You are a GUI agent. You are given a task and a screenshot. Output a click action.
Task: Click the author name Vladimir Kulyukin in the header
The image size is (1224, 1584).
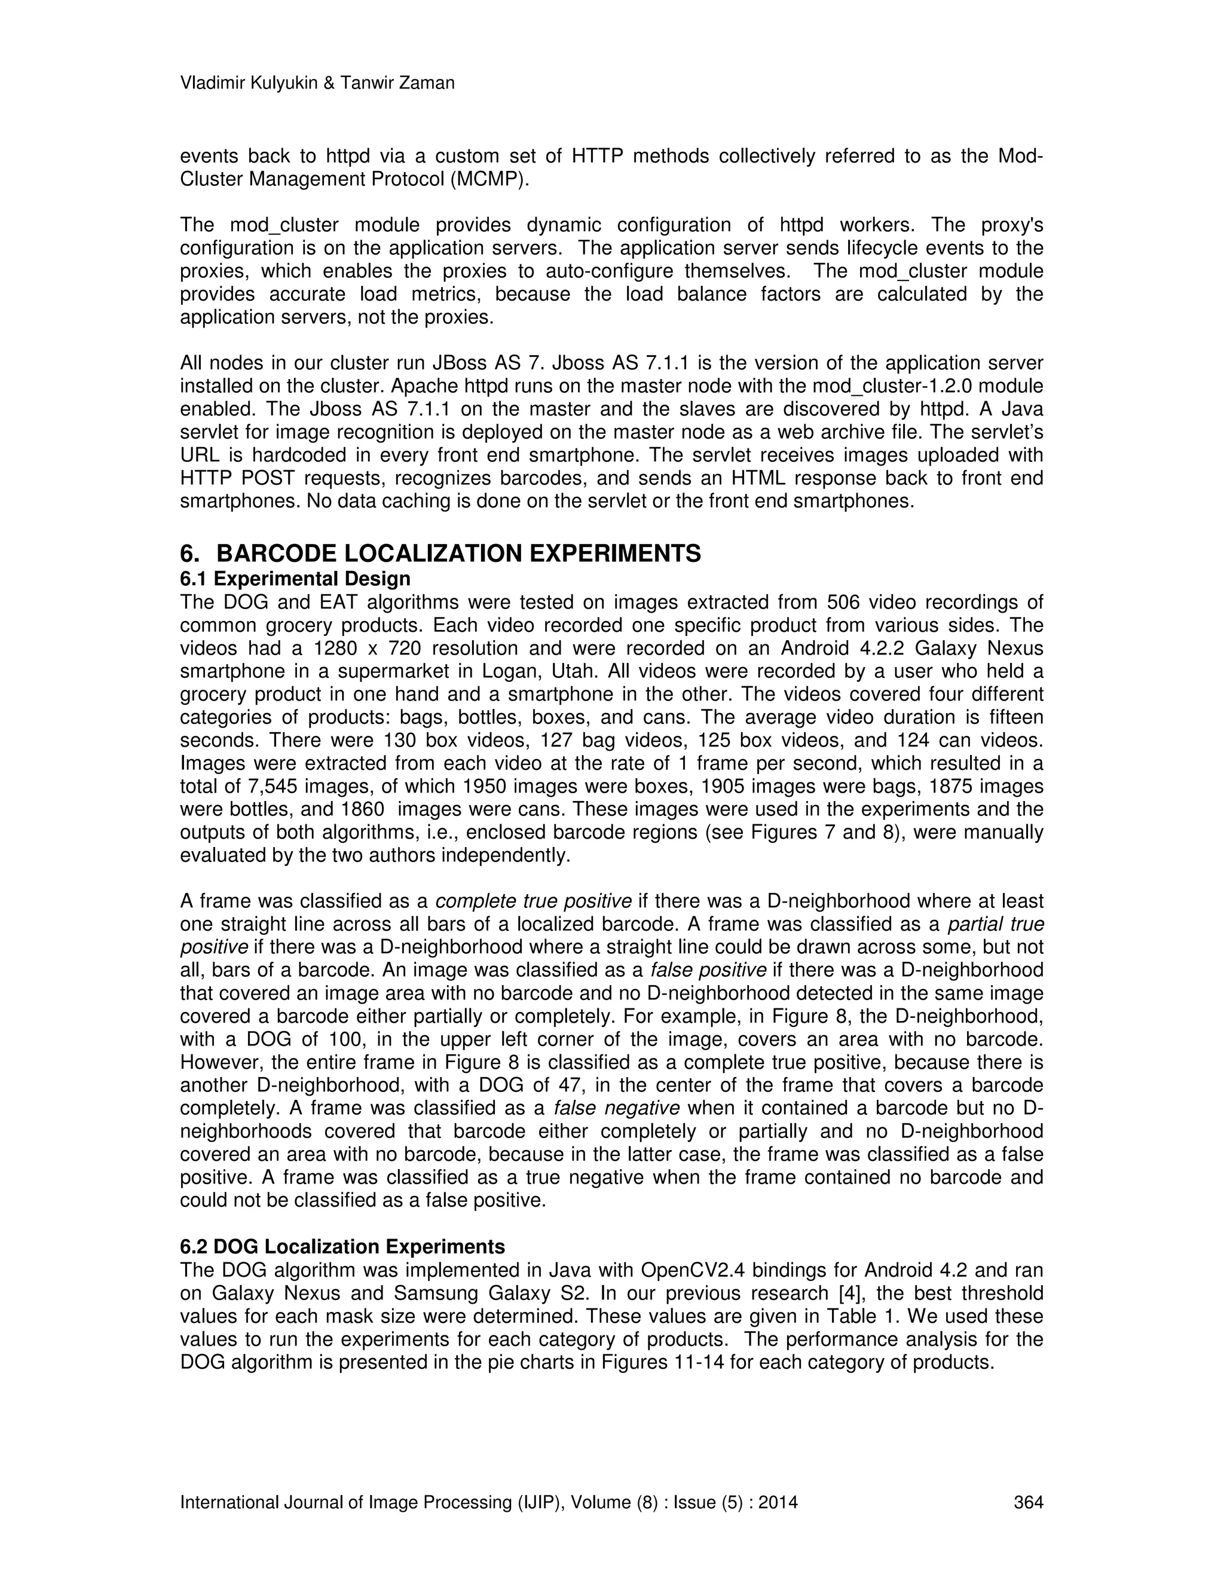coord(247,84)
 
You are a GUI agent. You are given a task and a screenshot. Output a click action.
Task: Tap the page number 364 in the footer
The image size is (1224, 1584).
coord(1027,1502)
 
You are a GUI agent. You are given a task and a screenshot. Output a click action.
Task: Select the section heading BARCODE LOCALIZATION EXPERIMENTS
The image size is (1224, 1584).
coord(458,554)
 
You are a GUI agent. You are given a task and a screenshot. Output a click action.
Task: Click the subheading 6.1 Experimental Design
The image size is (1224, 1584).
coord(295,579)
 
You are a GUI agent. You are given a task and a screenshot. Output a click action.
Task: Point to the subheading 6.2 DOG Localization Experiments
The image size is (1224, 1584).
coord(342,1247)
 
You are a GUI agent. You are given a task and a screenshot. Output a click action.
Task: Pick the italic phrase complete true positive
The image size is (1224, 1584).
coord(533,901)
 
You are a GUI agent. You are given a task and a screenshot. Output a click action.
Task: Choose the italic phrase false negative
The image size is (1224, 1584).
coord(616,1108)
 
